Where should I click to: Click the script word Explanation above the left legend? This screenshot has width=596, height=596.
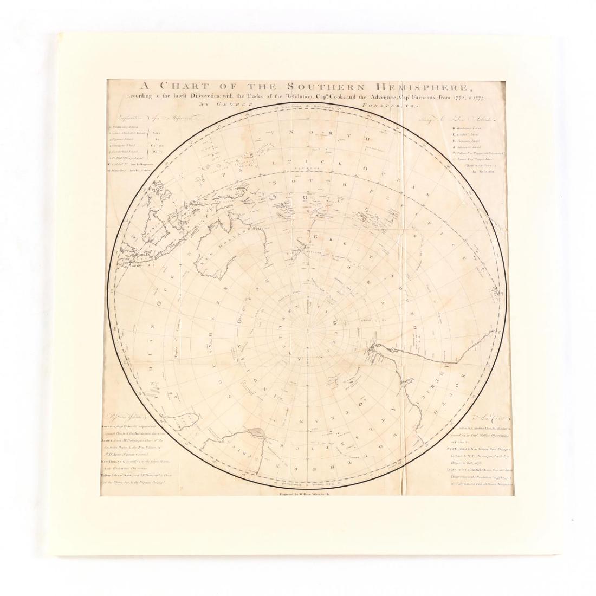[x=126, y=118]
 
